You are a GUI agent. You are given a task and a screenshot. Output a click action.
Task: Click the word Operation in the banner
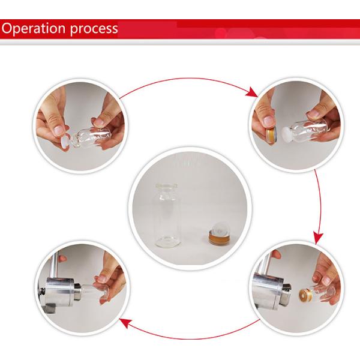(x=34, y=28)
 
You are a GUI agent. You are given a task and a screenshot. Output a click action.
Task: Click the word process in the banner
(x=94, y=29)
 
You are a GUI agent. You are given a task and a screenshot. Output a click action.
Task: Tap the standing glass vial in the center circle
(x=167, y=215)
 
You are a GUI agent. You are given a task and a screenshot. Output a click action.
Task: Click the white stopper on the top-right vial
(x=287, y=135)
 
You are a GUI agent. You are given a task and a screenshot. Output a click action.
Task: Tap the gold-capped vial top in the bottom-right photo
(x=305, y=295)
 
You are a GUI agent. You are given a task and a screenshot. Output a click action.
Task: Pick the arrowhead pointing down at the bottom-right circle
(x=318, y=239)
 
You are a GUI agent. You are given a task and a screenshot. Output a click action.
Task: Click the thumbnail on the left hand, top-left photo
(x=59, y=130)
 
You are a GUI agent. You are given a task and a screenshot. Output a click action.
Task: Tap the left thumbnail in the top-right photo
(x=268, y=121)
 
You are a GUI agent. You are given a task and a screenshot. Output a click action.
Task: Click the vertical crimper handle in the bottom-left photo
(x=54, y=265)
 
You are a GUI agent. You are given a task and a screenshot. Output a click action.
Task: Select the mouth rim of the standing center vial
(x=167, y=185)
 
